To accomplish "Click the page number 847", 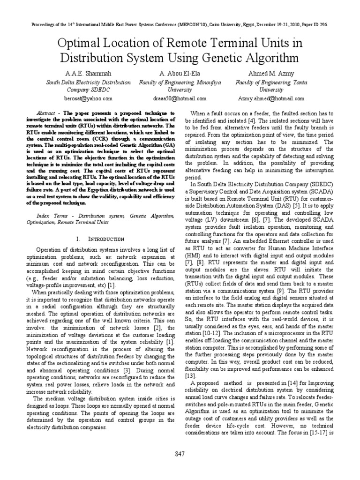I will point(180,454).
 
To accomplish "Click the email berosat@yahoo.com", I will point(88,99).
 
